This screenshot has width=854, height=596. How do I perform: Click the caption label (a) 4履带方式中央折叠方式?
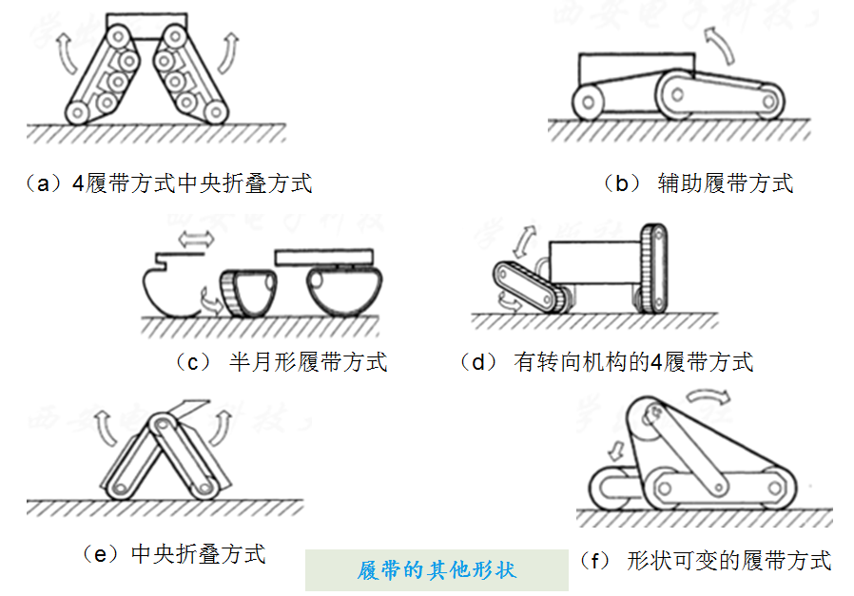coord(168,183)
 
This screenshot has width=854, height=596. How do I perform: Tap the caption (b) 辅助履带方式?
coord(698,183)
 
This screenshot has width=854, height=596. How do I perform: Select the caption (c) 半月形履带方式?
coord(281,362)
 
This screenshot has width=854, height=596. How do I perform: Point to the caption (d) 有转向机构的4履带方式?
coord(606,362)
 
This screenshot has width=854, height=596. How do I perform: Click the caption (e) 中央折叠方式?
coord(174,554)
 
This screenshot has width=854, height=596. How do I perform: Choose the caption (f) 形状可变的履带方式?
coord(706,560)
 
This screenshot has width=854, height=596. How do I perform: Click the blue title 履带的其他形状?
coord(437,570)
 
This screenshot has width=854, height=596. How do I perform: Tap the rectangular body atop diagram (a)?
coord(146,26)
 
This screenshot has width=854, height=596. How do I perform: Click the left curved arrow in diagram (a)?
coord(66,54)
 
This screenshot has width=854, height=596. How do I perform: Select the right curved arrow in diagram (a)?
coord(229,53)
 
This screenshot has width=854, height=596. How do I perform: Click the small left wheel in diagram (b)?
coord(589,102)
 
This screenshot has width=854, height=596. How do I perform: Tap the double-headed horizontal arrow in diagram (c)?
coord(196,239)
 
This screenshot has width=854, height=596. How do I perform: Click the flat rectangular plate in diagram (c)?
coord(324,258)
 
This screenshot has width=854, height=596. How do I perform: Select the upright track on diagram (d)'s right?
coord(653,268)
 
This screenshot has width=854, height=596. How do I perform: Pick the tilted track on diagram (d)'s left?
coord(532,286)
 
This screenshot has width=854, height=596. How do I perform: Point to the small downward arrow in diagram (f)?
coord(616,451)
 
